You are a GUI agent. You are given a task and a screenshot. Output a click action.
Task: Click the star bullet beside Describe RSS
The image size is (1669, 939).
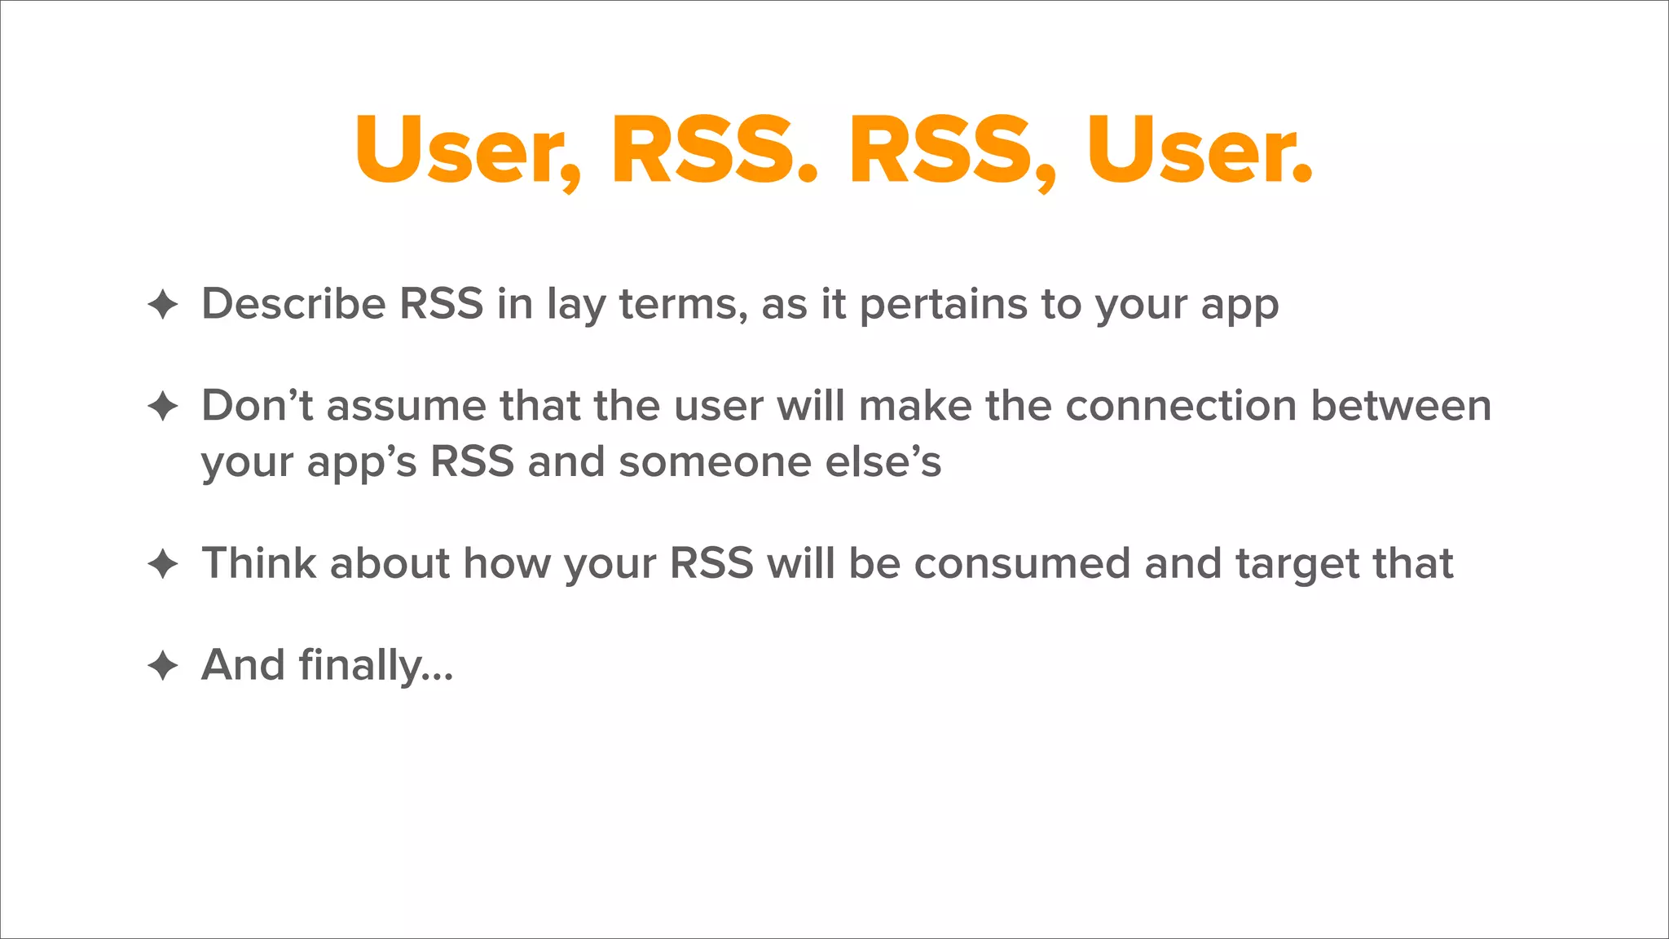(163, 305)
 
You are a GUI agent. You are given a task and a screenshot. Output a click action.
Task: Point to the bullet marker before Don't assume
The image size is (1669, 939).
(163, 406)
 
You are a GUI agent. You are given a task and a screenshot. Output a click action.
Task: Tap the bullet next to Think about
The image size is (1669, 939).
(163, 564)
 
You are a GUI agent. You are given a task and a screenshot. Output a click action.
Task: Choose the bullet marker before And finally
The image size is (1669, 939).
(163, 665)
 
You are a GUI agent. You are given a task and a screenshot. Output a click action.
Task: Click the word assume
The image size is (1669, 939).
(406, 406)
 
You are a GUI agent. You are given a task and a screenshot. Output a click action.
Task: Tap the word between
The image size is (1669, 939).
(1401, 406)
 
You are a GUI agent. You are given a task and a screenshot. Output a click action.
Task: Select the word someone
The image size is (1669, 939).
(715, 461)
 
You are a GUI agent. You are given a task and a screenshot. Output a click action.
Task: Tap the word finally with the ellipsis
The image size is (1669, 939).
(376, 665)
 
